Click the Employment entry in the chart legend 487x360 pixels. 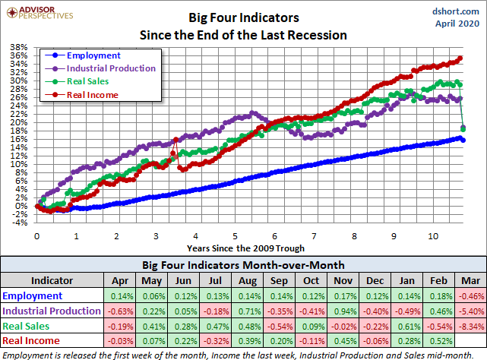pyautogui.click(x=93, y=55)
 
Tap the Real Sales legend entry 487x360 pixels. pyautogui.click(x=87, y=81)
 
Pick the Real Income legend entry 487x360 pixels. pyautogui.click(x=91, y=94)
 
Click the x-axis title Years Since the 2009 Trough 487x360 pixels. pyautogui.click(x=247, y=248)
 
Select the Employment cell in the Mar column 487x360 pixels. pyautogui.click(x=469, y=295)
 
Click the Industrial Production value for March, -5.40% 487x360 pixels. pyautogui.click(x=469, y=311)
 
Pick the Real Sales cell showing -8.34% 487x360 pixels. pyautogui.click(x=469, y=326)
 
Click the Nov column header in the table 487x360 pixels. pyautogui.click(x=337, y=279)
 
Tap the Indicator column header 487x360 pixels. pyautogui.click(x=52, y=279)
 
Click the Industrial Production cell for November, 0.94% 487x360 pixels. pyautogui.click(x=337, y=311)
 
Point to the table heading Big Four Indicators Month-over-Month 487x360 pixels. pyautogui.click(x=243, y=265)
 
